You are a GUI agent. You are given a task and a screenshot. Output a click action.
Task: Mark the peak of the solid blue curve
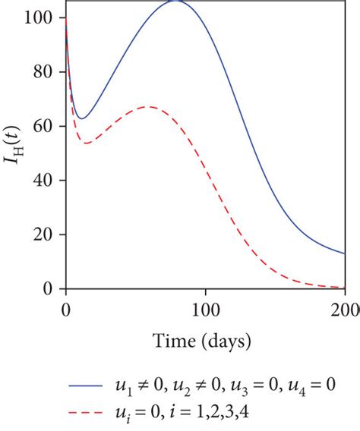176,2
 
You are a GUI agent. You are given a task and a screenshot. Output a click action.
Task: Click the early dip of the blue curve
82,118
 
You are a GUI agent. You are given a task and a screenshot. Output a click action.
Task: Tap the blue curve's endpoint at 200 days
345,253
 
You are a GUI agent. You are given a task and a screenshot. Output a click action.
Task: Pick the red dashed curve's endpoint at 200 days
345,288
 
